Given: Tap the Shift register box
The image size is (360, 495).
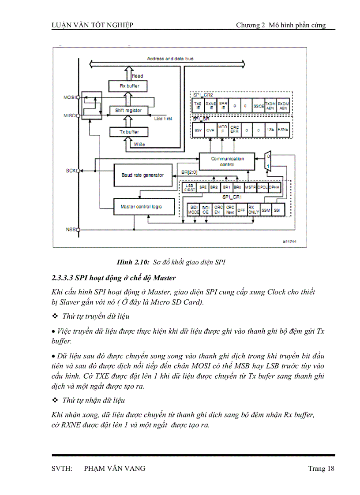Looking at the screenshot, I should tap(128, 110).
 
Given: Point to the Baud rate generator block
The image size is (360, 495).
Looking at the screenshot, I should tap(142, 175).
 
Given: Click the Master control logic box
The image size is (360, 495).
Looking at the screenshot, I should tap(141, 206).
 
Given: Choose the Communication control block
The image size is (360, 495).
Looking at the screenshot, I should tap(227, 161).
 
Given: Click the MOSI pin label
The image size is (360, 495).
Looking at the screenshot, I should tap(70, 97).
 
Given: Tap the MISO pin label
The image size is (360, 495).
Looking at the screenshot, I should tap(70, 115).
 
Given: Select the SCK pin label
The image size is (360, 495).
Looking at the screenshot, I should tap(71, 170).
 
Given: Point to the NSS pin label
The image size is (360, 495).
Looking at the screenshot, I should tap(71, 230).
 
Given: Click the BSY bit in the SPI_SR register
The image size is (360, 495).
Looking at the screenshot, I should tap(198, 130).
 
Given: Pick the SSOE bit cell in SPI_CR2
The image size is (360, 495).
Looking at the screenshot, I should tap(259, 106).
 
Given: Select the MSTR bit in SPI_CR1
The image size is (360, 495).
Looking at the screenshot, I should tap(250, 187).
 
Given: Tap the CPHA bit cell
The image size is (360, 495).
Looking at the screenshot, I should tap(274, 187).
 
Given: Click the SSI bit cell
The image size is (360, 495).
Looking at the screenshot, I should tap(277, 210).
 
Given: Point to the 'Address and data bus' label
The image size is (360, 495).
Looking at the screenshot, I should tap(170, 58).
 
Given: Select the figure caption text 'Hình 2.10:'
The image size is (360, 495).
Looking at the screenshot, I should tap(133, 262).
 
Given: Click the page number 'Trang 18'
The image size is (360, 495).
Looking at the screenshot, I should tap(321, 469).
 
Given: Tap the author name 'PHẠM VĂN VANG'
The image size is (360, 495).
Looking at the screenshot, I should tap(114, 469).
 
